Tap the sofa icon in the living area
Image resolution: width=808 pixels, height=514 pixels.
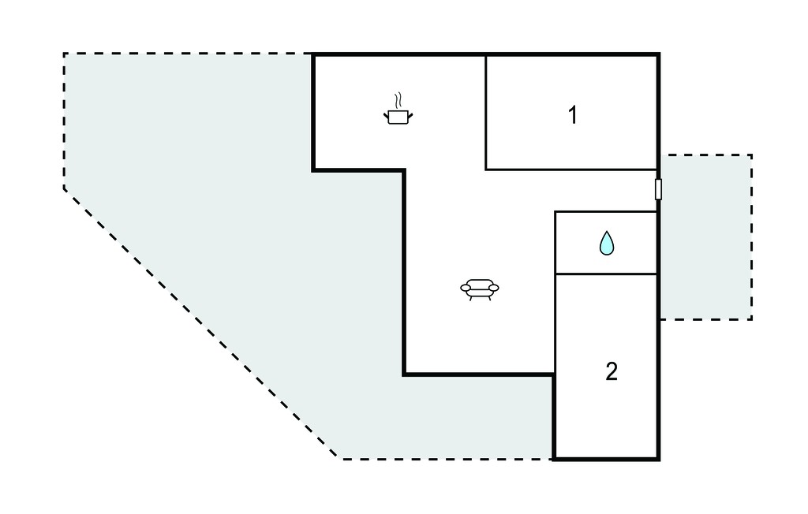click(479, 289)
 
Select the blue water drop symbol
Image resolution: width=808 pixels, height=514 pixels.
click(607, 243)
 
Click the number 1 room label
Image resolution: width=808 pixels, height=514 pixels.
click(573, 115)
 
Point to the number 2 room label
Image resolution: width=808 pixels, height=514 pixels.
click(612, 371)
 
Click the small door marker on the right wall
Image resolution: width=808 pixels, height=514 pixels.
click(658, 189)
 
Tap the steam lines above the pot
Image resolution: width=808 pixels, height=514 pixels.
click(398, 101)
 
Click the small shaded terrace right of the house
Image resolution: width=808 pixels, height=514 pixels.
click(705, 237)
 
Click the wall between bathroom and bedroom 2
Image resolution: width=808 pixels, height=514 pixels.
click(606, 274)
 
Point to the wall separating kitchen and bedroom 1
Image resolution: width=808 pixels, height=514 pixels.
click(486, 112)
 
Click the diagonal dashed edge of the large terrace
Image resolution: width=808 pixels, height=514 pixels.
click(201, 324)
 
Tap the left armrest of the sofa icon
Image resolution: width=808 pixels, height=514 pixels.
click(465, 288)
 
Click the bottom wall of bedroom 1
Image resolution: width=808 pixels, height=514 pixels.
click(571, 169)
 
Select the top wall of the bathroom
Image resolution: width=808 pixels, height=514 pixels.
click(606, 211)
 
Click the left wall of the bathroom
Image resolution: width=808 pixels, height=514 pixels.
click(555, 242)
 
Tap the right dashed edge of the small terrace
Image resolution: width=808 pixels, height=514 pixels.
click(751, 237)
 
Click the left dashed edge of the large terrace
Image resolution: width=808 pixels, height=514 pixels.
click(64, 121)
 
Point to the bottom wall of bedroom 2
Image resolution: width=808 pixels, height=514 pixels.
click(606, 458)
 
